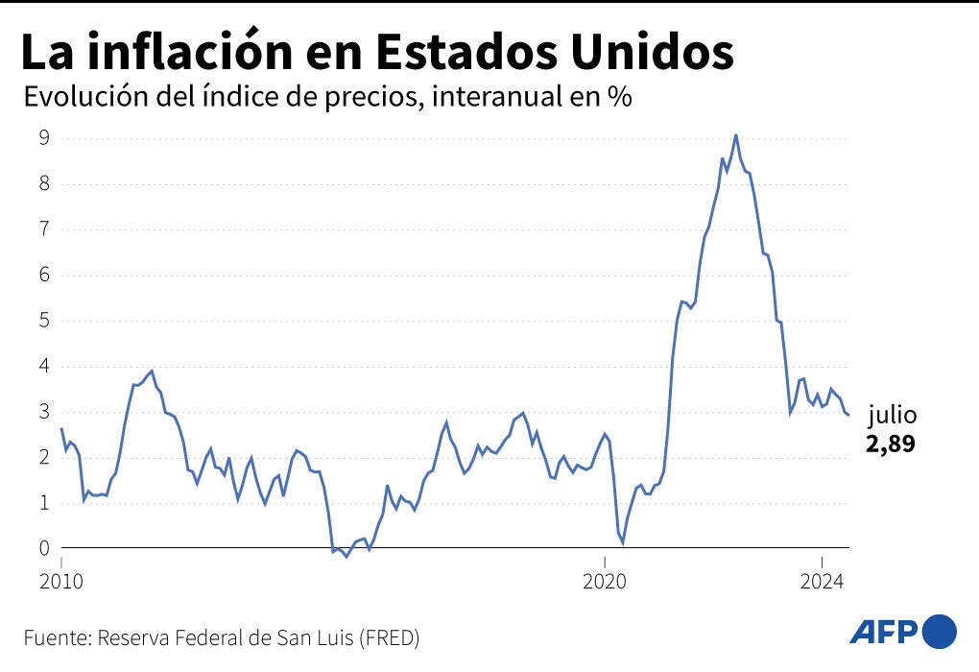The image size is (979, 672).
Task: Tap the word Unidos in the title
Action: tap(653, 53)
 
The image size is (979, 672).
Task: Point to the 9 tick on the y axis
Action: tap(43, 137)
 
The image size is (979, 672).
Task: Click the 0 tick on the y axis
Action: tap(43, 548)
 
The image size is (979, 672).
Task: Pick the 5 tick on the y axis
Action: tap(43, 320)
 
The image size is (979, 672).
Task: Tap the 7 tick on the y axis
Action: tap(43, 228)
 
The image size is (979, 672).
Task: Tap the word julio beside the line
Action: tap(893, 416)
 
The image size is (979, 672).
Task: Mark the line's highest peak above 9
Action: tap(735, 135)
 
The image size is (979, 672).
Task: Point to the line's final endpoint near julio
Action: tap(848, 415)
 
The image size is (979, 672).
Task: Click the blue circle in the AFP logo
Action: tap(939, 631)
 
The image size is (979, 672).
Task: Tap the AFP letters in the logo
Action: tap(884, 632)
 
